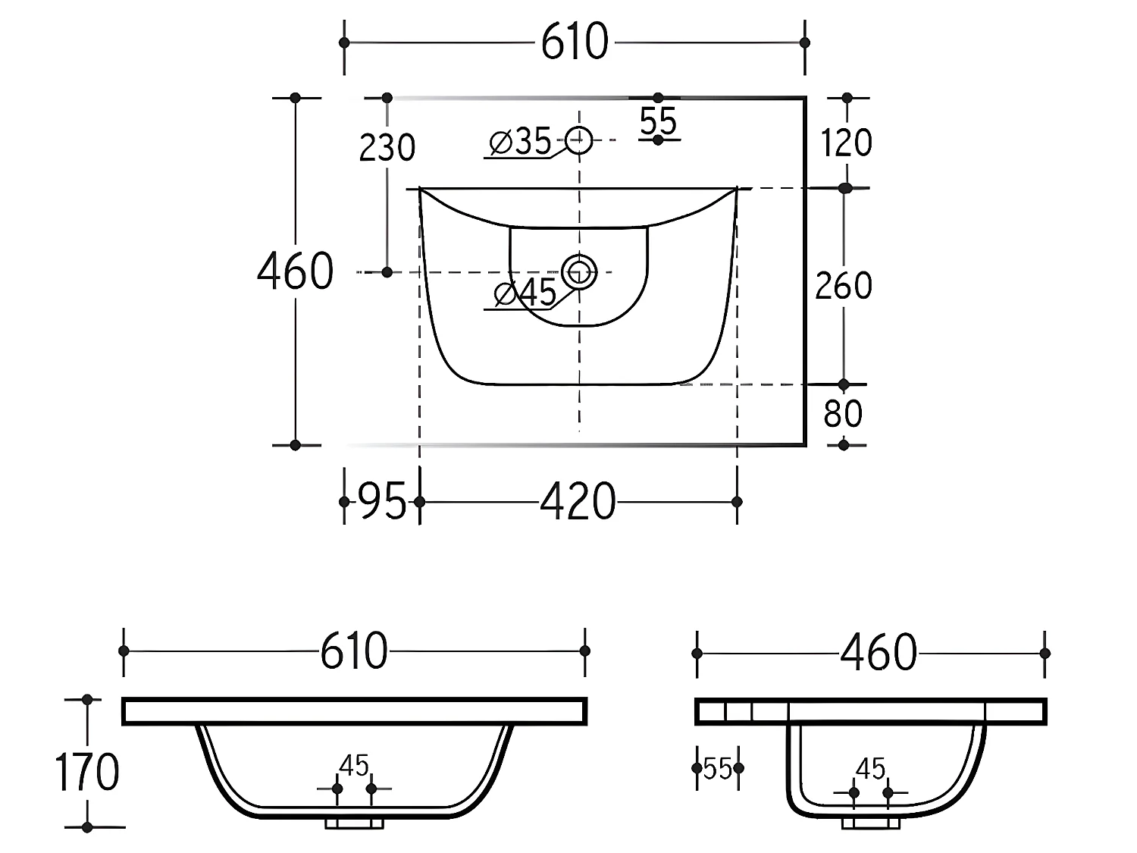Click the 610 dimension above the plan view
pyautogui.click(x=575, y=42)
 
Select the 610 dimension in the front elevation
pyautogui.click(x=353, y=651)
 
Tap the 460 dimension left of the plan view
pyautogui.click(x=295, y=271)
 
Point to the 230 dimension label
pyautogui.click(x=387, y=148)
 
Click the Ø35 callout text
pyautogui.click(x=521, y=142)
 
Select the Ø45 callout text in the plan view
pyautogui.click(x=525, y=293)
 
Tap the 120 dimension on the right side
pyautogui.click(x=846, y=143)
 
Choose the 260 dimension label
pyautogui.click(x=844, y=286)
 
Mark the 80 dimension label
pyautogui.click(x=843, y=414)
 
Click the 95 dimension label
pyautogui.click(x=381, y=502)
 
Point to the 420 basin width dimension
pyautogui.click(x=578, y=502)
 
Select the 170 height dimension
pyautogui.click(x=87, y=773)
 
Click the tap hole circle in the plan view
pyautogui.click(x=579, y=140)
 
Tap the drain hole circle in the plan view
pyautogui.click(x=579, y=271)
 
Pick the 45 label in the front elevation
pyautogui.click(x=354, y=767)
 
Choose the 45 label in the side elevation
pyautogui.click(x=870, y=770)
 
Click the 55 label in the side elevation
pyautogui.click(x=717, y=769)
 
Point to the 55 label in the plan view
pyautogui.click(x=658, y=121)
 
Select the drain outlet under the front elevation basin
pyautogui.click(x=354, y=822)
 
